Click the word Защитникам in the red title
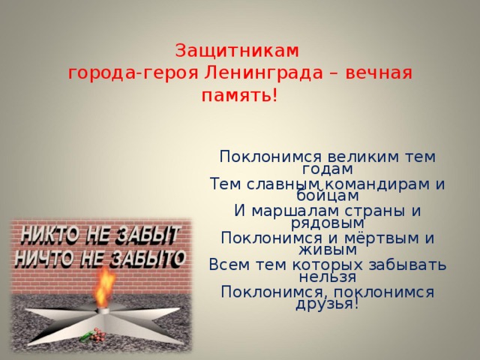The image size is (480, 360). pyautogui.click(x=237, y=51)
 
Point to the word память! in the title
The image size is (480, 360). pyautogui.click(x=239, y=97)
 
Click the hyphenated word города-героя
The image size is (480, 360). pyautogui.click(x=133, y=74)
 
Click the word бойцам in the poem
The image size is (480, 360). pyautogui.click(x=328, y=196)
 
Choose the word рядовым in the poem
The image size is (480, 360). pyautogui.click(x=328, y=223)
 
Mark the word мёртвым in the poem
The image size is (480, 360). pyautogui.click(x=372, y=238)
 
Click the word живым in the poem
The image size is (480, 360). pyautogui.click(x=328, y=250)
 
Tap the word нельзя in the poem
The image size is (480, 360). pyautogui.click(x=328, y=277)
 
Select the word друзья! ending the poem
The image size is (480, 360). pyautogui.click(x=328, y=304)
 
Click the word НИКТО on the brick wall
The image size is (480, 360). pyautogui.click(x=47, y=235)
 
